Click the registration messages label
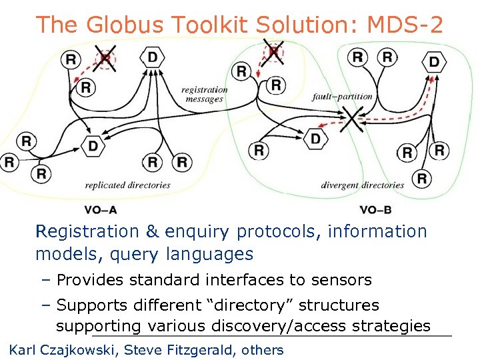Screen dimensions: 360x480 pos(204,94)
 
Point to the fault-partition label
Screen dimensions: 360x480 pos(342,97)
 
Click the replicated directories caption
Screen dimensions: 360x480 pos(127,185)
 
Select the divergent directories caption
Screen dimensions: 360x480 pos(363,185)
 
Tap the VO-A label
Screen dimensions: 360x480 pos(101,210)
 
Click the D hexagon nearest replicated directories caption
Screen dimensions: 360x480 pos(93,145)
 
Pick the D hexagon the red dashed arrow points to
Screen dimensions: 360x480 pos(434,63)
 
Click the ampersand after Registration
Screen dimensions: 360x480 pos(152,232)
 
